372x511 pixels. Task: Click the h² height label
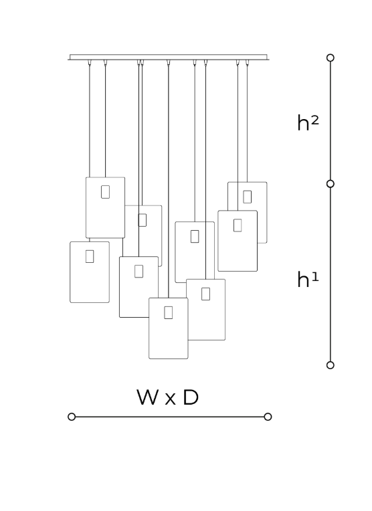point(308,123)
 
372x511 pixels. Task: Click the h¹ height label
point(308,280)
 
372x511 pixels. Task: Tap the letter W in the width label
point(148,397)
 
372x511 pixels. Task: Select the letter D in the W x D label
point(191,397)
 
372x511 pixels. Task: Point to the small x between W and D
point(170,399)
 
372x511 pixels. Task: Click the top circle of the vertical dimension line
point(331,58)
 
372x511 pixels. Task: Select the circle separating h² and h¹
point(331,184)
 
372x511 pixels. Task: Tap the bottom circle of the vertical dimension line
point(331,365)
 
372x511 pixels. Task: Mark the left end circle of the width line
point(72,417)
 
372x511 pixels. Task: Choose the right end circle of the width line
point(268,417)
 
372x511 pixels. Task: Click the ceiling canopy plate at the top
point(169,57)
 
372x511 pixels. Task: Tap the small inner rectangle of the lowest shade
point(168,312)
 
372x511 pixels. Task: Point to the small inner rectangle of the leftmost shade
point(90,256)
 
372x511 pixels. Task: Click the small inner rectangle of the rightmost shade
point(247,197)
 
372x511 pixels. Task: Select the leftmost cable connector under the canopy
point(90,63)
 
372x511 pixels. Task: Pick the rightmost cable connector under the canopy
point(247,63)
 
